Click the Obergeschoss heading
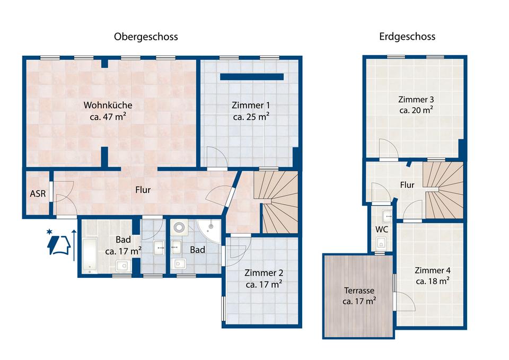(146, 37)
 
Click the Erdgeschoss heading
(407, 37)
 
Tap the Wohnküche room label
(108, 105)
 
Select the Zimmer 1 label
(251, 105)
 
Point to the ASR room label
(38, 194)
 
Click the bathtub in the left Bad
(90, 256)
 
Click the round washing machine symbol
(179, 227)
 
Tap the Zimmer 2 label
(264, 273)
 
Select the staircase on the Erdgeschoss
(444, 190)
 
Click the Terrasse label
(359, 290)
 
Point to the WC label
(381, 230)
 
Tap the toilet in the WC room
(381, 242)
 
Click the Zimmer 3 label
(416, 99)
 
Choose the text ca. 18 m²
(433, 281)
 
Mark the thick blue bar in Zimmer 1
(252, 77)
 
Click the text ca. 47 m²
(108, 117)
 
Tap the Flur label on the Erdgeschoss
(407, 185)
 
